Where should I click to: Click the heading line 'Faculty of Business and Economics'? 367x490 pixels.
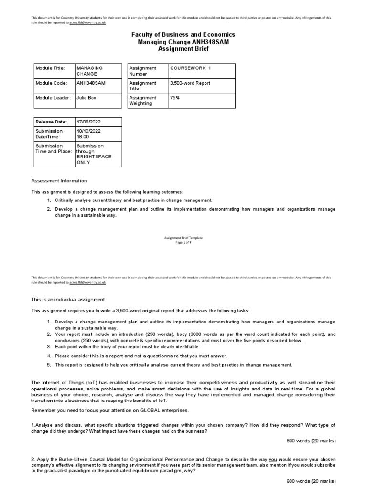183,35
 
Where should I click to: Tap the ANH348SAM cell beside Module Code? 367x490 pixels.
91,83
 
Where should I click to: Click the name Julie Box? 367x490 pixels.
88,98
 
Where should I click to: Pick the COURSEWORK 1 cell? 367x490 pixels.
190,68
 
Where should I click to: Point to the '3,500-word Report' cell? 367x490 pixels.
190,83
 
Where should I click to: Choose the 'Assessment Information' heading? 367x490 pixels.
59,181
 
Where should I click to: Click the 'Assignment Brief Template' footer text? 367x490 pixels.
183,238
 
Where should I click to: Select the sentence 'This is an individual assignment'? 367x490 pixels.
68,299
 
